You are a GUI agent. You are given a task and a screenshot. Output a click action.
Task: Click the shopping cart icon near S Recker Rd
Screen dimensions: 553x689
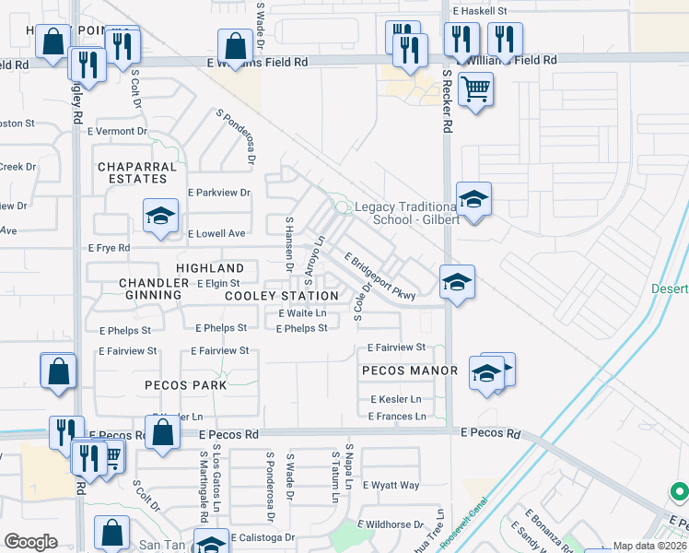click(x=475, y=90)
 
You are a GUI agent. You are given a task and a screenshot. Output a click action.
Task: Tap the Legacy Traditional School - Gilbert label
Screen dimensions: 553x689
click(x=405, y=213)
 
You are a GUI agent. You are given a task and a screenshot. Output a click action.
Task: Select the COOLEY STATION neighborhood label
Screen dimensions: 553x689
click(x=282, y=296)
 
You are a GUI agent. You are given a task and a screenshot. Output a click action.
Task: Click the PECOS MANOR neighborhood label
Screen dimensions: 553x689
click(x=410, y=371)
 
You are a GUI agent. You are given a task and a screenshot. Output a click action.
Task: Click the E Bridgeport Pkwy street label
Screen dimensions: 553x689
click(x=380, y=276)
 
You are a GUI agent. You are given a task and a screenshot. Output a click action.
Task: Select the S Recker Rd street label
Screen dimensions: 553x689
click(x=447, y=101)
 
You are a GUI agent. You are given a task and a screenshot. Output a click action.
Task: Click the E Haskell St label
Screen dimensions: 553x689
click(x=480, y=11)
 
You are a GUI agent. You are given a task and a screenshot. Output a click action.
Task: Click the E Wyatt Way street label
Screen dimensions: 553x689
click(x=391, y=485)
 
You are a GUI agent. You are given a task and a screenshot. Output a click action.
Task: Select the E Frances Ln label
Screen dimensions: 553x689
click(x=397, y=417)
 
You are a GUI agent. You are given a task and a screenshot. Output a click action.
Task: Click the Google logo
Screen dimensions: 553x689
click(x=30, y=542)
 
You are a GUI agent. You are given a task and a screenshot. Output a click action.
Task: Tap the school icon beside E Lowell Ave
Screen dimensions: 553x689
click(x=160, y=218)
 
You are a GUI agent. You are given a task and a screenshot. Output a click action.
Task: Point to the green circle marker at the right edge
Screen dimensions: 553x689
click(x=679, y=493)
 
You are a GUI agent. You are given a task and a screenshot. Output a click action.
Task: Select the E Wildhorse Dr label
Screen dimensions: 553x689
click(x=393, y=524)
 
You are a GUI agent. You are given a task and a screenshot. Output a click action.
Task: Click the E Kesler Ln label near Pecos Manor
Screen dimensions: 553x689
click(x=396, y=399)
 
